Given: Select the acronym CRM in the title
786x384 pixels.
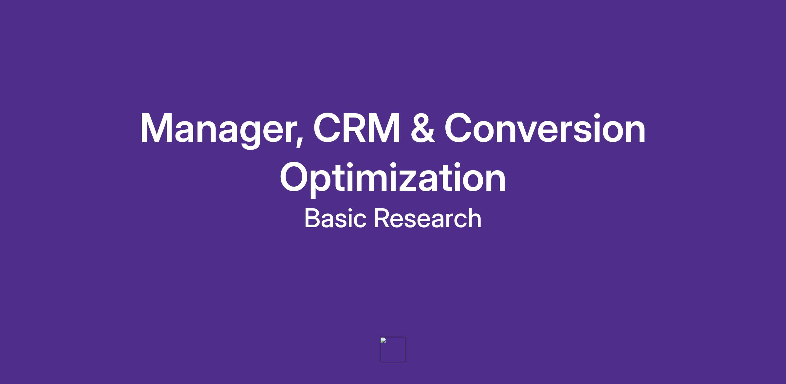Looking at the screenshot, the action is (x=357, y=128).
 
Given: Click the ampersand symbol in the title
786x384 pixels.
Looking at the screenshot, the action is (x=423, y=128).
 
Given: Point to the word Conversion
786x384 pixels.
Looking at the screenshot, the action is (x=545, y=128).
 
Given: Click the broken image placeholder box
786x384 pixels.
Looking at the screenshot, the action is (x=393, y=350).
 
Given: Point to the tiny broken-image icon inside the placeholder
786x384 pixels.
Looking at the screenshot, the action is (x=383, y=340).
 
